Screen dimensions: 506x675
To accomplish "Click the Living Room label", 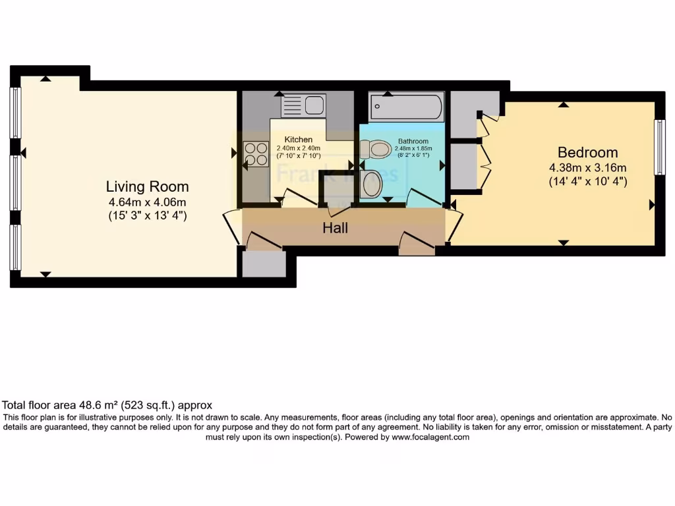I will click(148, 186).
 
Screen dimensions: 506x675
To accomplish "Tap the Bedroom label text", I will click(587, 152).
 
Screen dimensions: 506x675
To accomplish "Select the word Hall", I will click(335, 228).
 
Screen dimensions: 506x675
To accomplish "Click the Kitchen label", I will click(298, 140).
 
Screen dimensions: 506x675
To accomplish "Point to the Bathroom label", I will click(413, 141).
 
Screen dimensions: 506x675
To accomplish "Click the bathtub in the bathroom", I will click(406, 105).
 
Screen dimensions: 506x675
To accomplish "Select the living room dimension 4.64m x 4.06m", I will click(148, 202).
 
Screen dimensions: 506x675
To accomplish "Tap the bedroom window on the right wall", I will click(659, 147).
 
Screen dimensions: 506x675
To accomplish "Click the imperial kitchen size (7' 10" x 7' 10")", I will click(298, 155).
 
